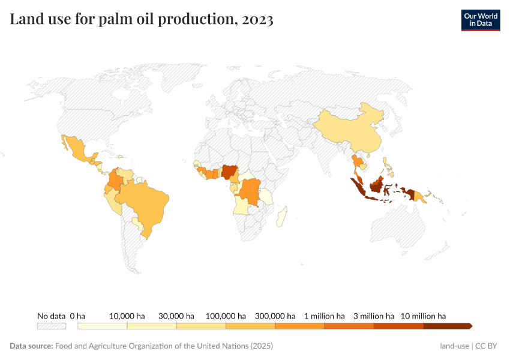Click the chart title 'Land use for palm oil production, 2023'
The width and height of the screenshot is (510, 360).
tap(142, 20)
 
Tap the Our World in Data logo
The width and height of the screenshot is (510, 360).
tap(480, 20)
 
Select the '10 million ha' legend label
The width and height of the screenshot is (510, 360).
tap(423, 316)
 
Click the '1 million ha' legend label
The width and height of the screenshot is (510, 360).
tap(324, 316)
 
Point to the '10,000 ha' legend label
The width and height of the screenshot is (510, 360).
tap(127, 316)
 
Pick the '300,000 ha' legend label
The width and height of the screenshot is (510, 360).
tap(275, 316)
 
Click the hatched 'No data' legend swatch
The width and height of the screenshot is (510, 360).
tap(51, 326)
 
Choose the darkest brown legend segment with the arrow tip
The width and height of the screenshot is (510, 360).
tap(447, 326)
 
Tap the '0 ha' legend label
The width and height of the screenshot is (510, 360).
tap(77, 316)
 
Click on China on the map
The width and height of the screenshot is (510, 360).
tap(348, 129)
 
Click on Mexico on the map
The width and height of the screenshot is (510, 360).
tap(78, 150)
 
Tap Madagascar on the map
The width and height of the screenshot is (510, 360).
tap(281, 217)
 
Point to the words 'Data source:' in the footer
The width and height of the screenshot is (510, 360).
tap(31, 346)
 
